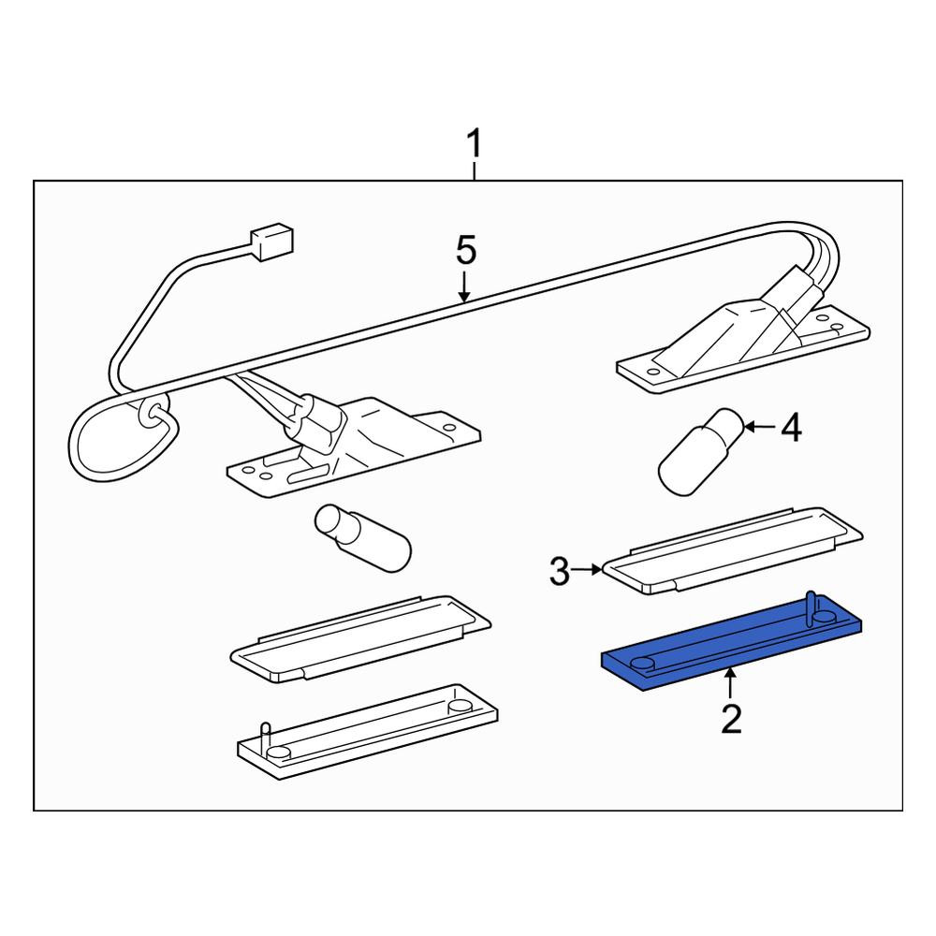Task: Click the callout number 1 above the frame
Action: tap(474, 144)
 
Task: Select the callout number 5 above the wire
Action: tap(466, 250)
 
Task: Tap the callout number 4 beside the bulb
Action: tap(792, 428)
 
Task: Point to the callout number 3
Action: tap(560, 571)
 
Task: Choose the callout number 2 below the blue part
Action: tap(731, 719)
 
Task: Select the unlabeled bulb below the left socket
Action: tap(362, 537)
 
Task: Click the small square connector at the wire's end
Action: tap(272, 241)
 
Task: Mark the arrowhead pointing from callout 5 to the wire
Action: tap(465, 296)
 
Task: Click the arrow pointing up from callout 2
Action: tap(730, 683)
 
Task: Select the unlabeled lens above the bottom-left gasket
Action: tap(360, 638)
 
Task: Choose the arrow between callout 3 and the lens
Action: tap(586, 570)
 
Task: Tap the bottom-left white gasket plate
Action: tap(368, 732)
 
